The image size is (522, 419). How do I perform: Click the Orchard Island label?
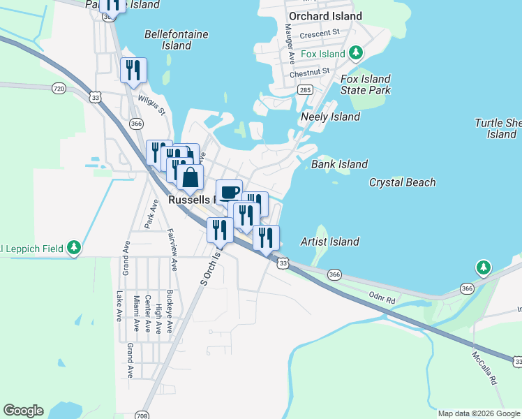tap(325, 15)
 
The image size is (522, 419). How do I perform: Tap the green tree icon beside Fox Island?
tap(356, 53)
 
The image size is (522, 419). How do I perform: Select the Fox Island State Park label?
tap(365, 84)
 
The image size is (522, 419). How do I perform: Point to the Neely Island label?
tap(330, 117)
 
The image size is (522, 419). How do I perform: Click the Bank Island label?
tap(339, 164)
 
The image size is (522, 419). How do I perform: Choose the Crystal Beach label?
tap(402, 182)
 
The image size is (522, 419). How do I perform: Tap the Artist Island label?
tap(329, 242)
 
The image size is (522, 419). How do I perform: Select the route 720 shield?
tap(59, 89)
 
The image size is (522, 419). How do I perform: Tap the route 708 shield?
tap(142, 414)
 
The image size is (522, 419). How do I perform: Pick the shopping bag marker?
tap(190, 177)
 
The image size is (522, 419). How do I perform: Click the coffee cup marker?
tap(229, 191)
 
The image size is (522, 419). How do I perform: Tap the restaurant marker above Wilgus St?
tap(132, 70)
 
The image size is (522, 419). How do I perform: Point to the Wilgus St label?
tap(151, 105)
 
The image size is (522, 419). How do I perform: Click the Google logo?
tap(23, 411)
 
